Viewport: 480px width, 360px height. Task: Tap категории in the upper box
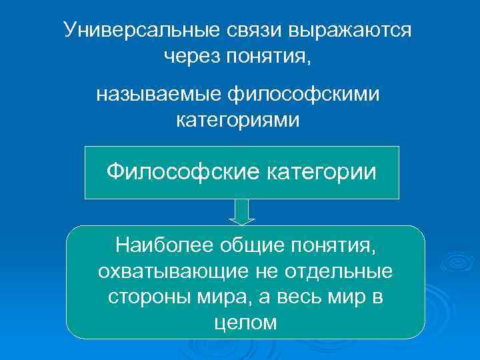[321, 172]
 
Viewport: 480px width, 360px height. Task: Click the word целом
[245, 323]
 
